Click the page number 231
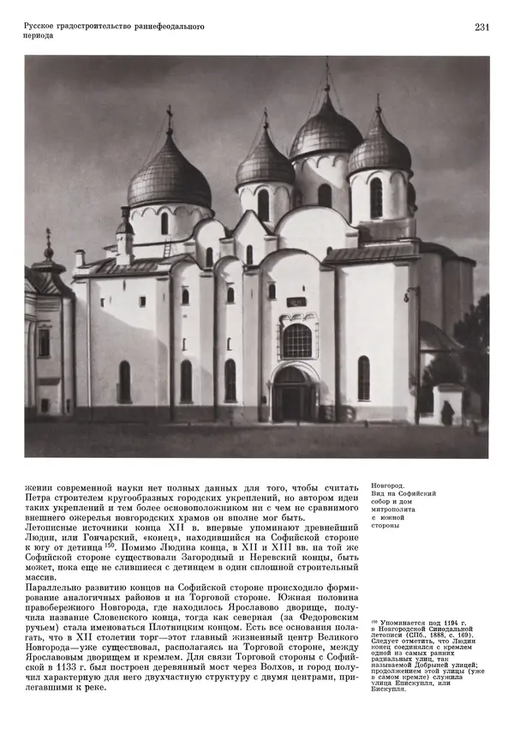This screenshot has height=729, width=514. pos(481,27)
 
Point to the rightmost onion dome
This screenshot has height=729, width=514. pos(379,151)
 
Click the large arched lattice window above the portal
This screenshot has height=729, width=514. pos(297,340)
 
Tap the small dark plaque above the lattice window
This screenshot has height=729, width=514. pos(296,302)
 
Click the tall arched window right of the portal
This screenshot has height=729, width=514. pos(363,377)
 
